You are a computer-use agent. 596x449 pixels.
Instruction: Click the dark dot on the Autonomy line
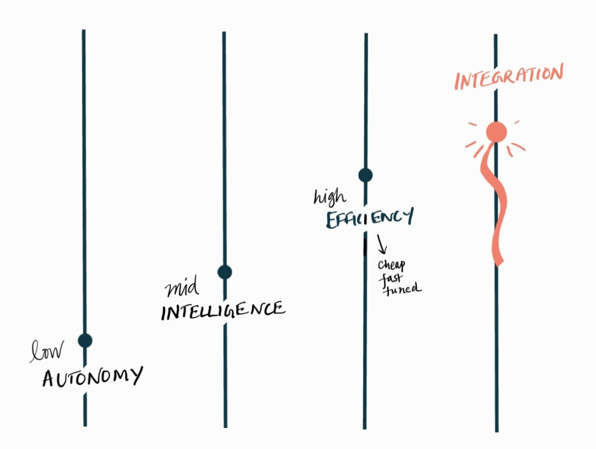pos(85,341)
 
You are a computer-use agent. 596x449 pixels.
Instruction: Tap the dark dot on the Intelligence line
pos(225,272)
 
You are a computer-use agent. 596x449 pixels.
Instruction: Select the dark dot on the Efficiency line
pos(365,175)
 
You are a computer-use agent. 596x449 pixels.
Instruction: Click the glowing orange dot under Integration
pos(496,132)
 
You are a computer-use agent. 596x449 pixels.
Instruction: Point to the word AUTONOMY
pos(92,377)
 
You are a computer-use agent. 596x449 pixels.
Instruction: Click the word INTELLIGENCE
pos(223,310)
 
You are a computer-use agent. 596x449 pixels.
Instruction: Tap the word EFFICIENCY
pos(370,218)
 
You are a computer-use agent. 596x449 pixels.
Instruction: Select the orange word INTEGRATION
pos(509,77)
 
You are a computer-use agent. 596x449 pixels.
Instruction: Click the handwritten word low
pos(47,351)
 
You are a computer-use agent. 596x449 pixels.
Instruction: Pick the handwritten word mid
pos(182,287)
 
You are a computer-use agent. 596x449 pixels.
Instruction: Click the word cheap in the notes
pos(391,265)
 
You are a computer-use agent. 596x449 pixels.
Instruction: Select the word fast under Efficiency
pos(390,278)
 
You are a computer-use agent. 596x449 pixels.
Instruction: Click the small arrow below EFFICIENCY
pos(382,245)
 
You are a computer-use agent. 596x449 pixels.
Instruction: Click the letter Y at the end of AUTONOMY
pos(135,376)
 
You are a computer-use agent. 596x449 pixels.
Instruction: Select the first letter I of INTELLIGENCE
pos(164,314)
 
